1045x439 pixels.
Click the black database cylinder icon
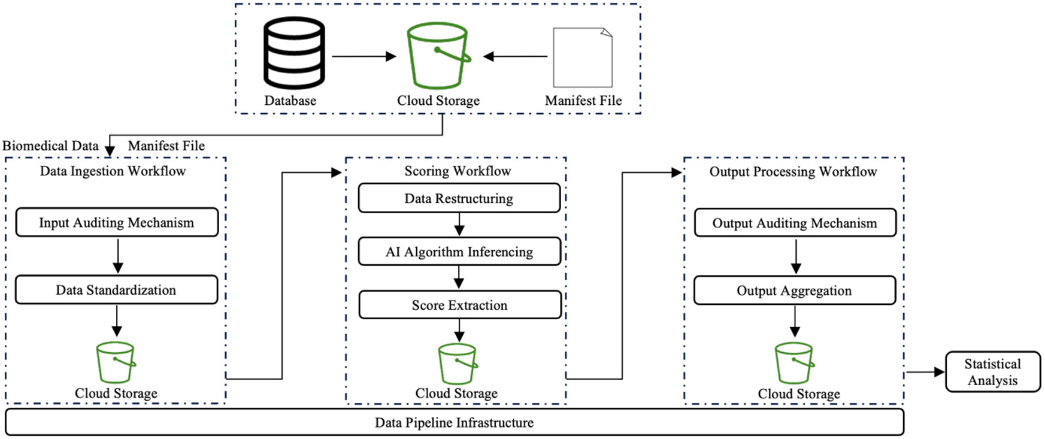(x=294, y=53)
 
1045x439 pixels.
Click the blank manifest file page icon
(x=582, y=57)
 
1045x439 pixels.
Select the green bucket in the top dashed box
(x=438, y=56)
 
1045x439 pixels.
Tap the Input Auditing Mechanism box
(x=117, y=222)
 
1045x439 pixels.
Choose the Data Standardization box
(x=116, y=290)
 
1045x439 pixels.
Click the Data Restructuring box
(x=459, y=198)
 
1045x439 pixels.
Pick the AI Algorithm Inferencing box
(x=459, y=252)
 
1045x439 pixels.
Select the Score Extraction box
(x=459, y=305)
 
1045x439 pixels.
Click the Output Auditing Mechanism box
(x=795, y=223)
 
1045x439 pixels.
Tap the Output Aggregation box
(x=794, y=290)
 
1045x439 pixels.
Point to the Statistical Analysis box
(x=992, y=372)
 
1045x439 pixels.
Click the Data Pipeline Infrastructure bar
(x=454, y=422)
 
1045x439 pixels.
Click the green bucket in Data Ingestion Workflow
(x=116, y=362)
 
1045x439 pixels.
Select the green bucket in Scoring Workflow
(x=458, y=364)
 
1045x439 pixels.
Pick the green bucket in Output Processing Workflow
(x=794, y=363)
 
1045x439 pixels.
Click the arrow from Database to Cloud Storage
(x=364, y=56)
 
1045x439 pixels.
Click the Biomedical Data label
(x=50, y=146)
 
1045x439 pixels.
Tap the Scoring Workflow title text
(x=458, y=171)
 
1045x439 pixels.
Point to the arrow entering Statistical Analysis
(x=925, y=372)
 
